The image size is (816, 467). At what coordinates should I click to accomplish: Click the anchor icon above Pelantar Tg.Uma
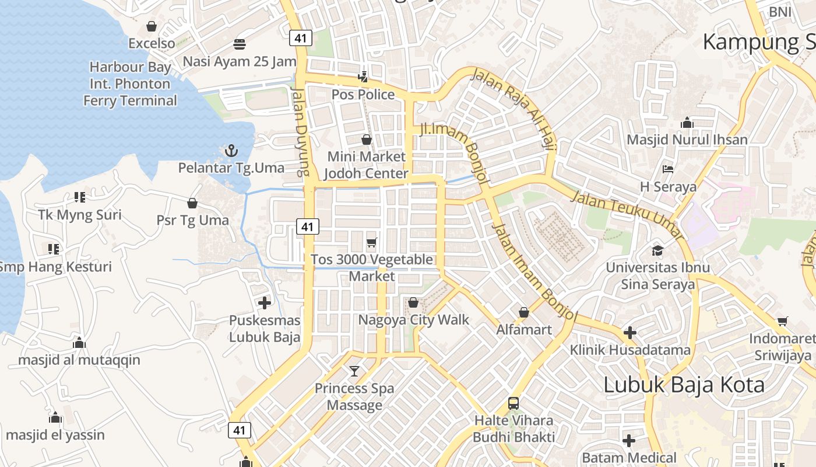pyautogui.click(x=231, y=151)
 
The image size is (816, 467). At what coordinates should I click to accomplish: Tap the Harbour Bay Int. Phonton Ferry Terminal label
pyautogui.click(x=130, y=84)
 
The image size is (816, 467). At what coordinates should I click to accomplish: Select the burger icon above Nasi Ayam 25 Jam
pyautogui.click(x=239, y=44)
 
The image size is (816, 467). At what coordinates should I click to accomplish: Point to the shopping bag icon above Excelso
pyautogui.click(x=152, y=26)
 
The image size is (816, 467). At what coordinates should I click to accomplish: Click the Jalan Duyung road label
pyautogui.click(x=300, y=131)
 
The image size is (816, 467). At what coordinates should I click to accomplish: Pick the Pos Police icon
pyautogui.click(x=363, y=76)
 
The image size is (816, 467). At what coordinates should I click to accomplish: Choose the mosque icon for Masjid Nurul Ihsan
pyautogui.click(x=687, y=123)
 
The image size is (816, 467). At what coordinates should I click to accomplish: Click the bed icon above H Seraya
pyautogui.click(x=668, y=169)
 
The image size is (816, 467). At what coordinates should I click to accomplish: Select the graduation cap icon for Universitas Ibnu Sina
pyautogui.click(x=657, y=250)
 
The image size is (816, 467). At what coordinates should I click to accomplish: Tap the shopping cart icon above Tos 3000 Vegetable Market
pyautogui.click(x=371, y=242)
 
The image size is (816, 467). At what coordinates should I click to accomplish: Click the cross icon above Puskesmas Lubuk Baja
pyautogui.click(x=265, y=302)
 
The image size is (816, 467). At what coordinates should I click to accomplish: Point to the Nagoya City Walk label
pyautogui.click(x=413, y=320)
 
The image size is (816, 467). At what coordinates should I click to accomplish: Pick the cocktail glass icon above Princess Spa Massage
pyautogui.click(x=354, y=371)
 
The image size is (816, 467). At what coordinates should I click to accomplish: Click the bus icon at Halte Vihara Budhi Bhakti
pyautogui.click(x=513, y=403)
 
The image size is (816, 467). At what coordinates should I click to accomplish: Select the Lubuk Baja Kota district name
pyautogui.click(x=684, y=385)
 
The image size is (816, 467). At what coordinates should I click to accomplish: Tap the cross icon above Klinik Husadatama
pyautogui.click(x=629, y=333)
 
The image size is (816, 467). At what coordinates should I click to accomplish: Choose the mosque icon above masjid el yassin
pyautogui.click(x=55, y=417)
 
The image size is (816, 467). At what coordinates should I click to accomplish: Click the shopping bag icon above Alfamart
pyautogui.click(x=523, y=312)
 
